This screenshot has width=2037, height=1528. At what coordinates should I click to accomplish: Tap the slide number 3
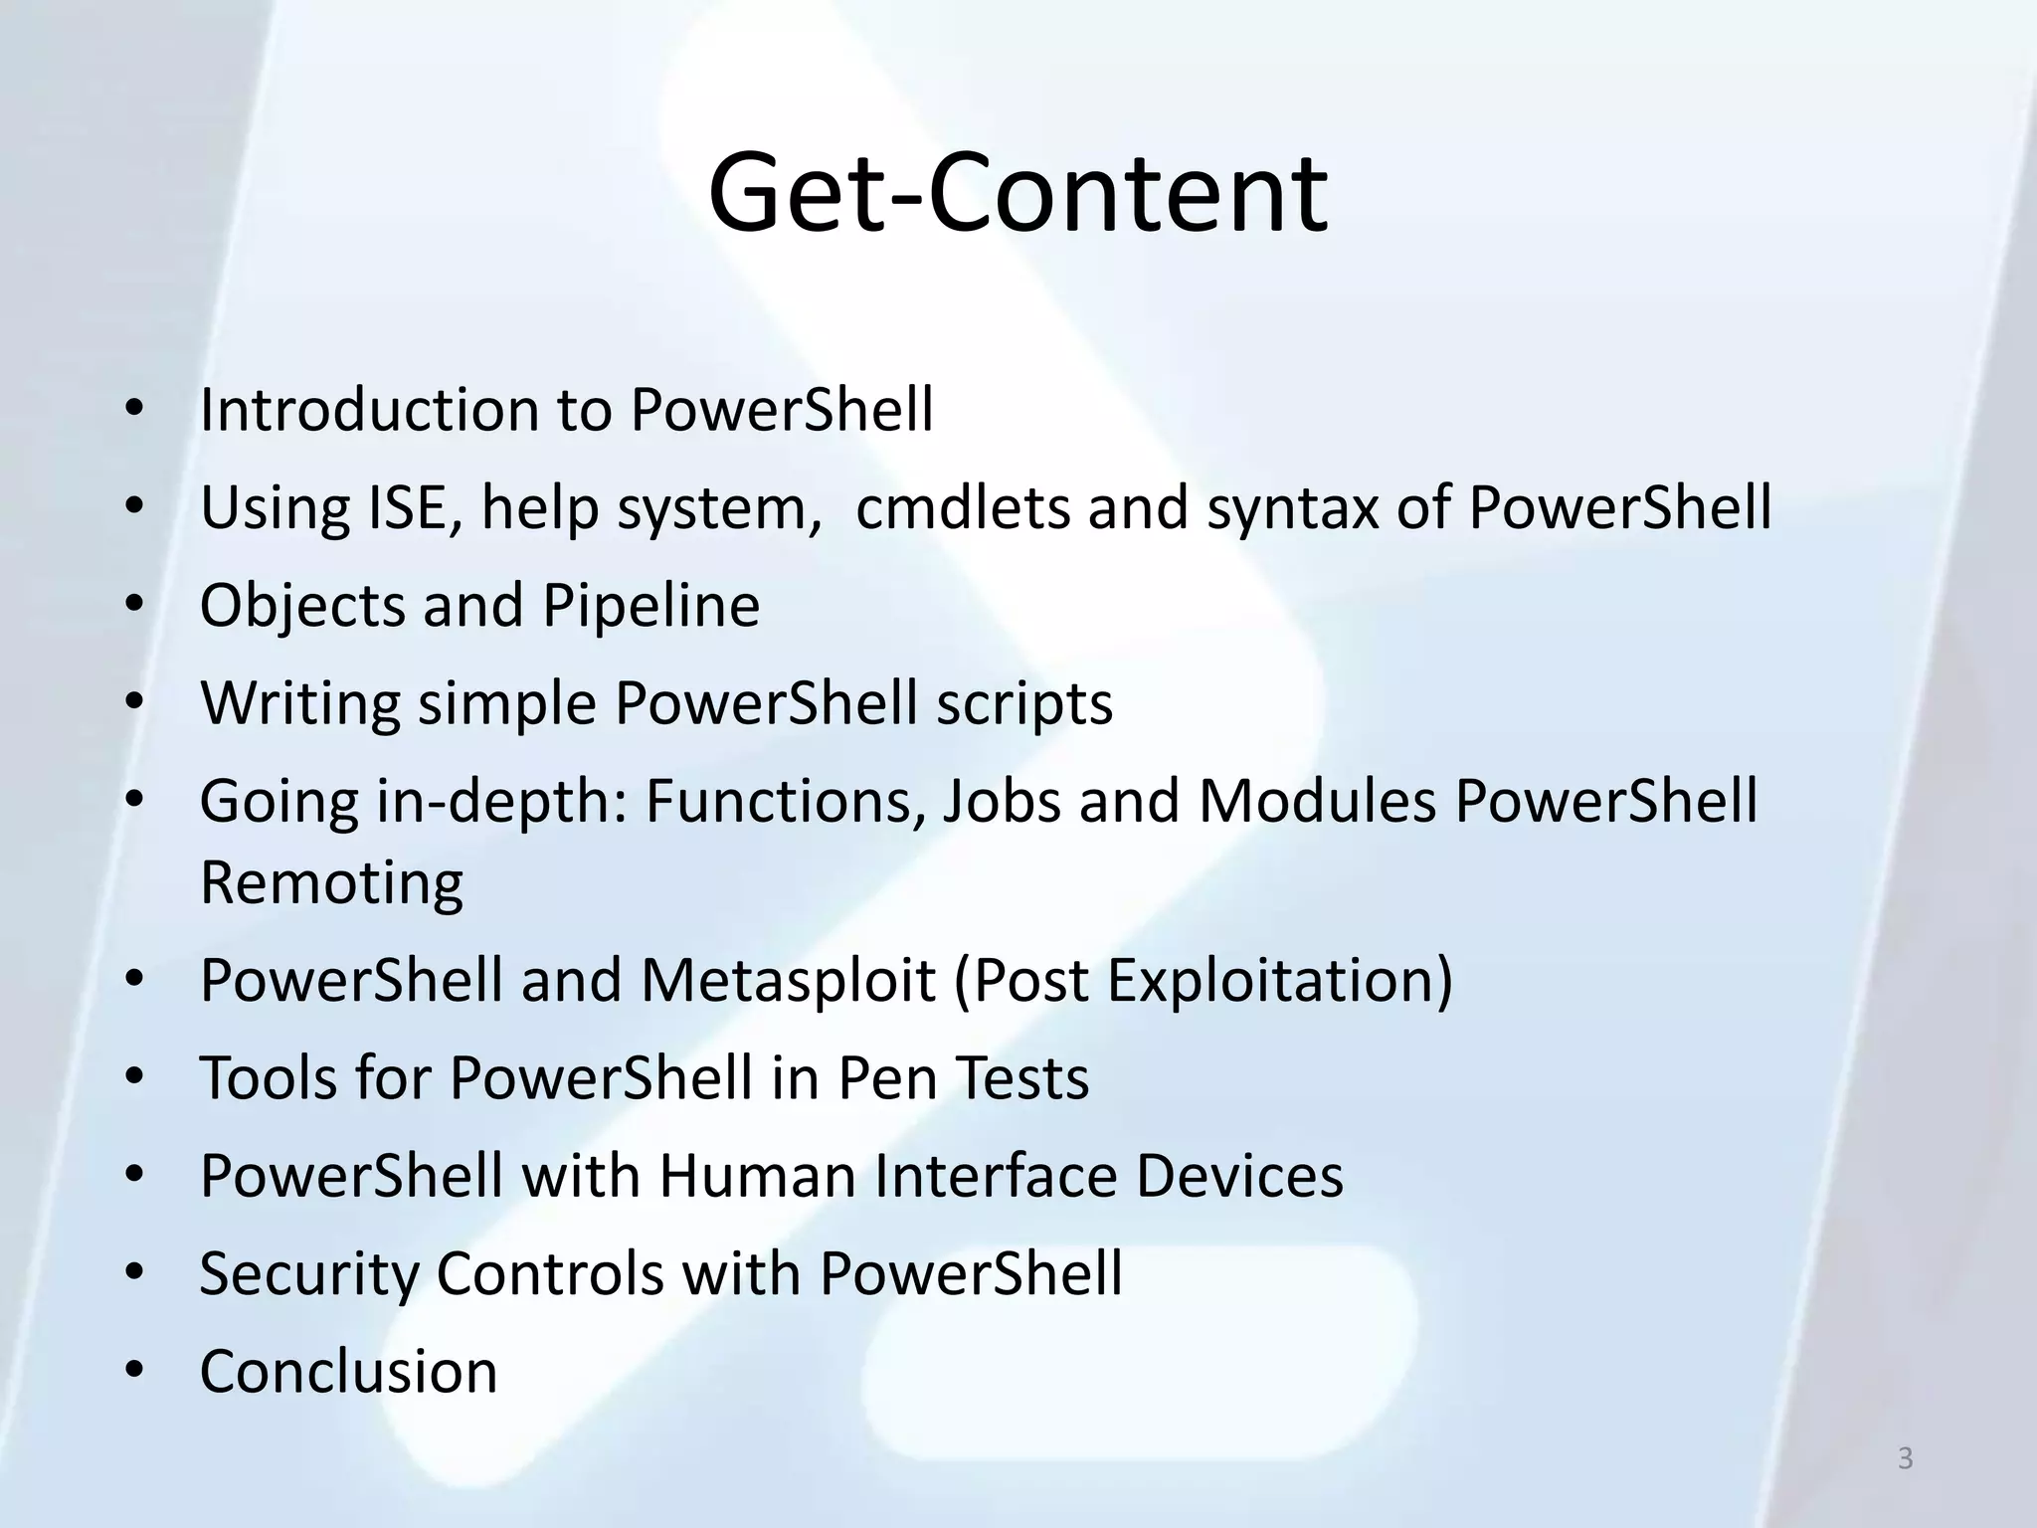click(1905, 1458)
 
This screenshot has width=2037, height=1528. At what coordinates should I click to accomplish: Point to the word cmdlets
click(962, 507)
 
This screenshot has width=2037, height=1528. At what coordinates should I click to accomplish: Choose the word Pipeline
click(650, 606)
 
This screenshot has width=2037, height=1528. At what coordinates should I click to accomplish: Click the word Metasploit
click(788, 980)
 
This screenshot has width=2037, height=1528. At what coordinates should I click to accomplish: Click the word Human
click(757, 1176)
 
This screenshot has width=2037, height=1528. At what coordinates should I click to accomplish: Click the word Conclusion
click(348, 1371)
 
